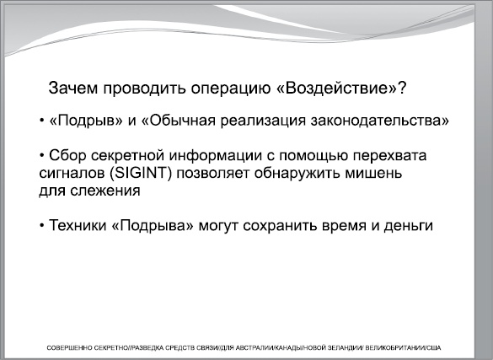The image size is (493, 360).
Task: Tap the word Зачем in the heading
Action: [x=72, y=88]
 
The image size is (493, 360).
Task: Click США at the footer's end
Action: [x=431, y=347]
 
